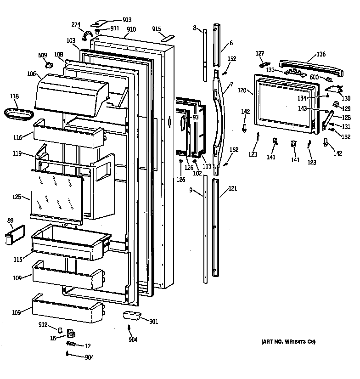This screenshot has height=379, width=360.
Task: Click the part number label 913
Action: pos(127,20)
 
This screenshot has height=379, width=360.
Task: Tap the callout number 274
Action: pos(76,25)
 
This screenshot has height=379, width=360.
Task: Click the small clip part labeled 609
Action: pos(46,65)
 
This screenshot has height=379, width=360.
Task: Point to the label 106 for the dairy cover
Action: pos(31,74)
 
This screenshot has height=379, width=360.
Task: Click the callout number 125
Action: pos(17,198)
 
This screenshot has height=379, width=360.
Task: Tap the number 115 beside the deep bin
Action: pos(17,260)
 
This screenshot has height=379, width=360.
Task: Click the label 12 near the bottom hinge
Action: pos(87,346)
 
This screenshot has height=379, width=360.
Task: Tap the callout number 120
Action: pos(242,91)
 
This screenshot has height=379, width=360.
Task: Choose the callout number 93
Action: pos(195,118)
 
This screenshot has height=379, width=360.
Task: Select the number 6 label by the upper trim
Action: pos(231,43)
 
